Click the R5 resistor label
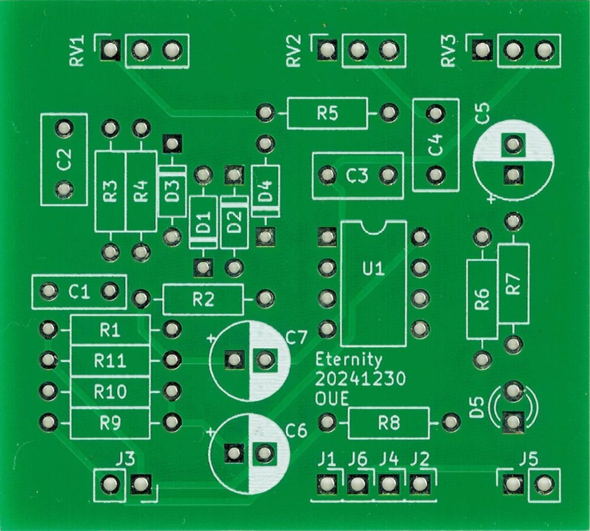click(x=327, y=113)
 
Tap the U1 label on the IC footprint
click(x=373, y=270)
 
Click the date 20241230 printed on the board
click(x=360, y=379)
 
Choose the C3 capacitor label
click(x=357, y=175)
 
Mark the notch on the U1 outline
click(x=373, y=227)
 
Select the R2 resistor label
click(x=203, y=300)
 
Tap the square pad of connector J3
click(x=140, y=485)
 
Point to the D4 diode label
click(x=266, y=191)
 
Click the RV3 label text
click(x=450, y=51)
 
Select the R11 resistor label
click(x=110, y=360)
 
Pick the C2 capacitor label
click(x=64, y=159)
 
